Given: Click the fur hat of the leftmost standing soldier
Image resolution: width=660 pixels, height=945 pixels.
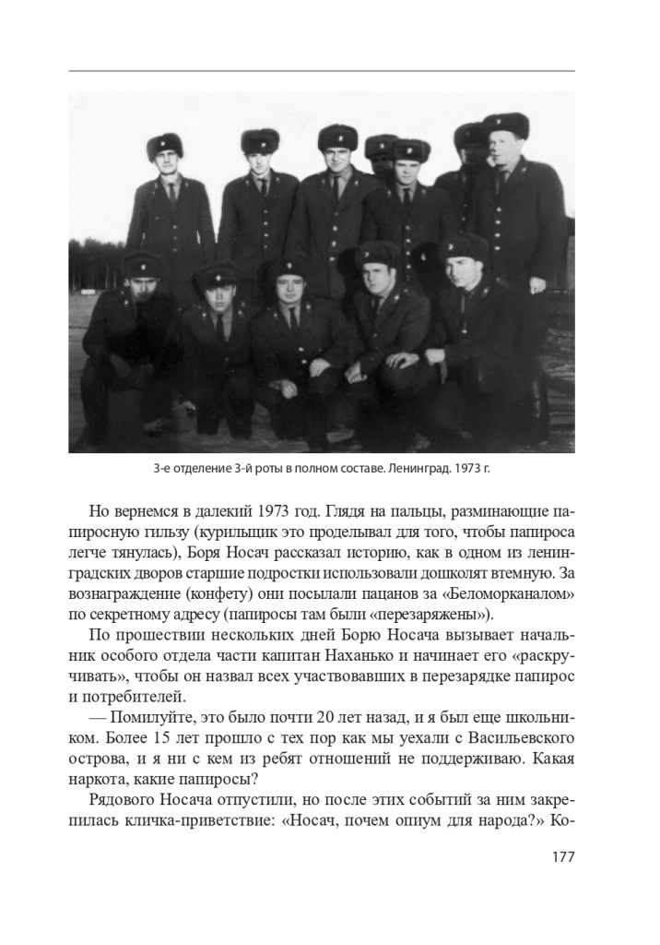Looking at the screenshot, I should pyautogui.click(x=165, y=145).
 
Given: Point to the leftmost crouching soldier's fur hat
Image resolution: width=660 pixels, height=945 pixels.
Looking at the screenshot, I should pyautogui.click(x=142, y=265).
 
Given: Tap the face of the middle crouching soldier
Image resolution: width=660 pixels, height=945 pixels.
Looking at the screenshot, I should pyautogui.click(x=289, y=287).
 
